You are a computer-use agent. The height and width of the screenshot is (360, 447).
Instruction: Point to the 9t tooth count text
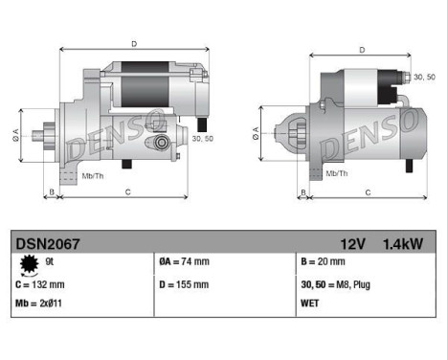coord(50,260)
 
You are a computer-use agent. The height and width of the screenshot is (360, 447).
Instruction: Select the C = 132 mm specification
coord(40,284)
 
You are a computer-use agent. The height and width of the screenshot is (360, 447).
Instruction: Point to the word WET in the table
coord(312,304)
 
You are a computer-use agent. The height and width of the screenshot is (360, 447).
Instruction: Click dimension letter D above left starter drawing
coord(134,43)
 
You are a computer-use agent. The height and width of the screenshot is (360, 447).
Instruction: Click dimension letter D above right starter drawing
coord(361,50)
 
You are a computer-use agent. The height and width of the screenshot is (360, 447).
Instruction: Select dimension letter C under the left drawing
coord(127,192)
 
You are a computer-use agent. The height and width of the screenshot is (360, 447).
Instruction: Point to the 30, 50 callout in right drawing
coord(421,76)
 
